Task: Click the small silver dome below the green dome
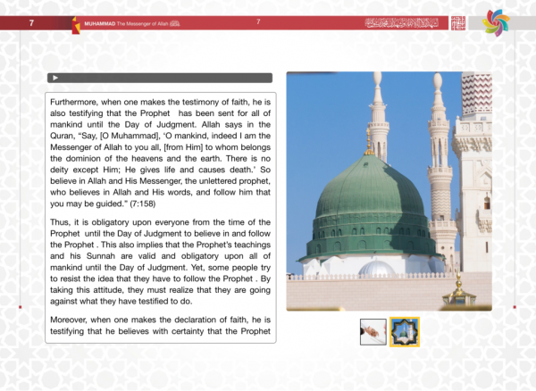tap(376, 268)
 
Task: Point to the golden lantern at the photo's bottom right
tap(460, 291)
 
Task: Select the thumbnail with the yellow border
tap(405, 332)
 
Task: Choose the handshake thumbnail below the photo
tap(373, 332)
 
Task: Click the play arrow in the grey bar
tap(56, 79)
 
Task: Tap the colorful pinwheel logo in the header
tap(496, 22)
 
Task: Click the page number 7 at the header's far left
tap(31, 21)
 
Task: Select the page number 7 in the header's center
tap(258, 21)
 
